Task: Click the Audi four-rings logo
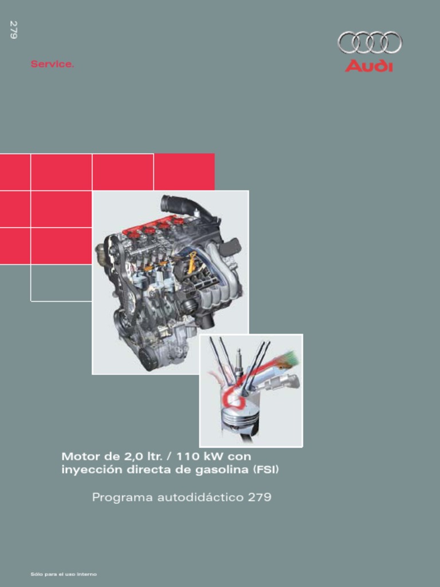pos(370,42)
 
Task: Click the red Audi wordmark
pos(369,66)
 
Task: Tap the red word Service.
pos(52,64)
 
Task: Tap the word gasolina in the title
pos(221,470)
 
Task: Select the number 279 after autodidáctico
pos(260,497)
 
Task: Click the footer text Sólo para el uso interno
pos(64,574)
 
